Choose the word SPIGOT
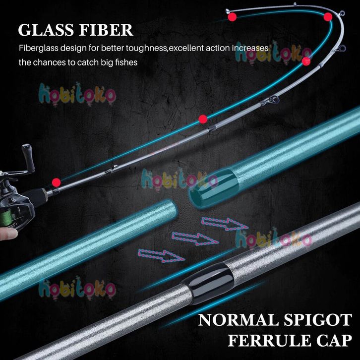click(x=318, y=320)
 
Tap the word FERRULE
click(x=269, y=340)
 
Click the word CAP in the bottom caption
click(x=334, y=340)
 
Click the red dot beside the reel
click(x=56, y=182)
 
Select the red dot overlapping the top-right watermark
click(x=306, y=61)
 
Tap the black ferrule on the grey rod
click(x=208, y=283)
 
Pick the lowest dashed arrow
click(x=161, y=255)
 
